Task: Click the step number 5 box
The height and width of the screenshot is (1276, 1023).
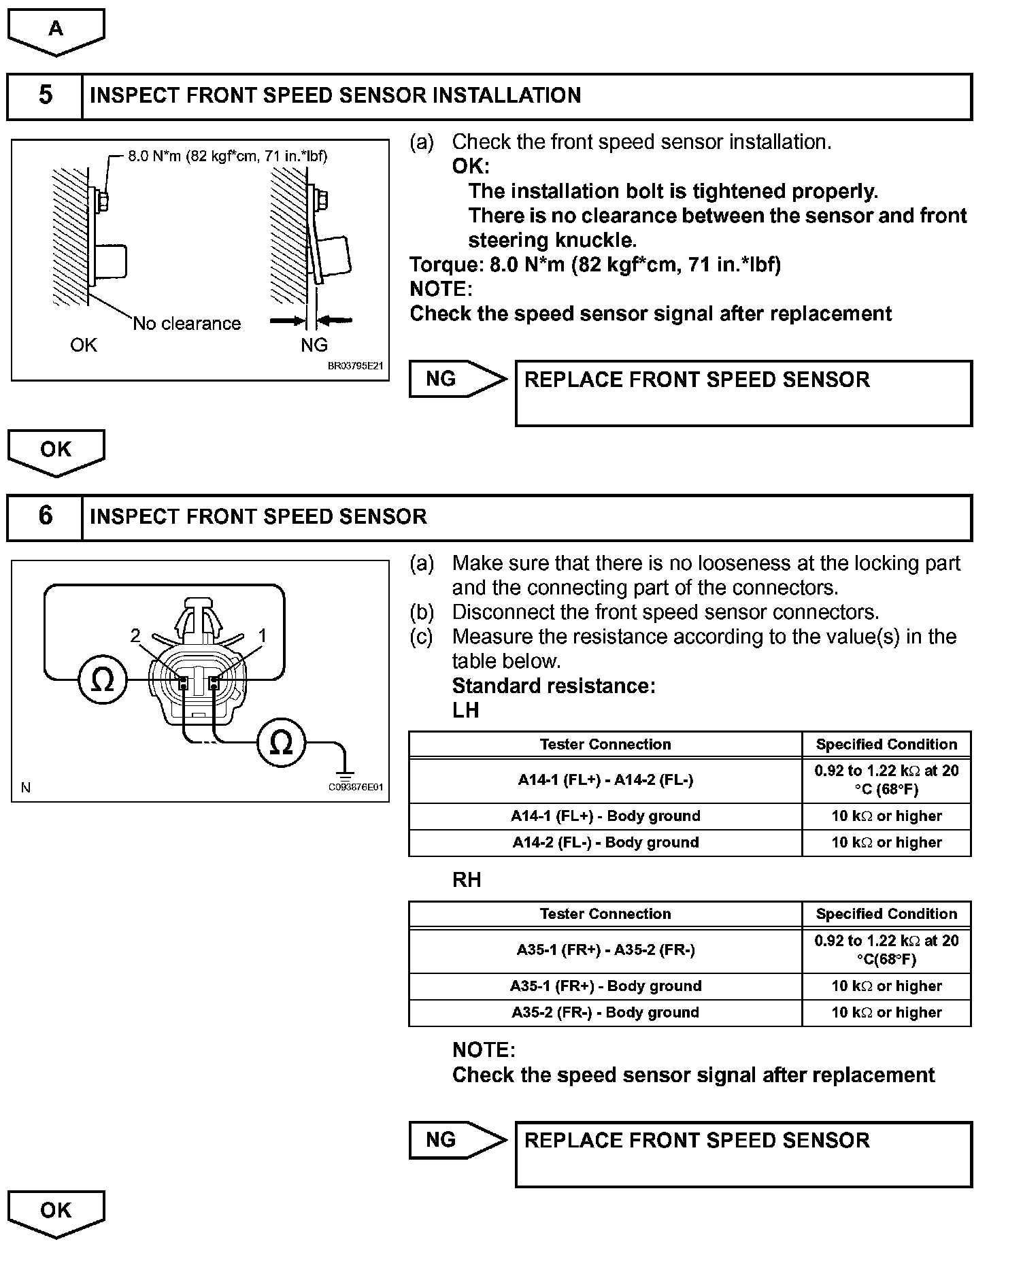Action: click(x=45, y=96)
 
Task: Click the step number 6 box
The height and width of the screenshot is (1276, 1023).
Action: click(x=45, y=517)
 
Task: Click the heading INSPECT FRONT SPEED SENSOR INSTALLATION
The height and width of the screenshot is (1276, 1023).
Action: click(x=335, y=96)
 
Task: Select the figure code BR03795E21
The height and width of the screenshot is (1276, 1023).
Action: click(x=355, y=366)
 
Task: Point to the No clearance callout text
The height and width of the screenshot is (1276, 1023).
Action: click(x=187, y=324)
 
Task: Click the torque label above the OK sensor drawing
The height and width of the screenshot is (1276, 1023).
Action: click(x=227, y=156)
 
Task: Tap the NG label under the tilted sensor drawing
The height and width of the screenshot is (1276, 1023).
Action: click(x=314, y=346)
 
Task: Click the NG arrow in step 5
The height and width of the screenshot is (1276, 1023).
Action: click(x=457, y=379)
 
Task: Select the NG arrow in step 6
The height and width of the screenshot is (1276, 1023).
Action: click(x=457, y=1140)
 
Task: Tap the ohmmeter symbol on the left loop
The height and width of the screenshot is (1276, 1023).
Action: click(x=103, y=679)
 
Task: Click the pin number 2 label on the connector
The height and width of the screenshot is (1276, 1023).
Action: click(x=135, y=636)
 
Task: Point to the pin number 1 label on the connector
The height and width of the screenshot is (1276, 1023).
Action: click(x=262, y=636)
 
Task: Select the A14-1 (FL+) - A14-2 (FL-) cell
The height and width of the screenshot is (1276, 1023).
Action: click(x=605, y=780)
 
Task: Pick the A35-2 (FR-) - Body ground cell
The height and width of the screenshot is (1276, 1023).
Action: click(x=605, y=1013)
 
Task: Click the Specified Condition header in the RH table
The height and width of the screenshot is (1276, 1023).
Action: click(x=886, y=914)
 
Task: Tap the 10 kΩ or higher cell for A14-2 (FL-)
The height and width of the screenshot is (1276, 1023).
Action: click(x=886, y=843)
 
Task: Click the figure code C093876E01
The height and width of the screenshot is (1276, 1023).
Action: click(x=356, y=787)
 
